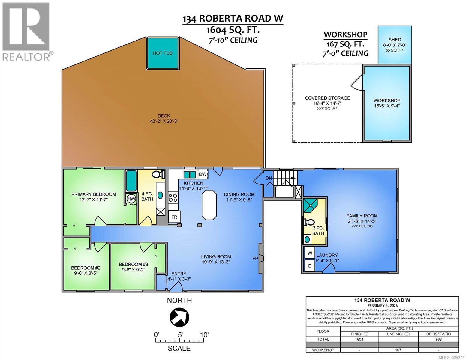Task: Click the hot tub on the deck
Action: (x=162, y=53)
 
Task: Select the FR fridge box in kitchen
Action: (x=174, y=217)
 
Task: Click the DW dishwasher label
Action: (x=203, y=174)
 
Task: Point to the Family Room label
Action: (x=362, y=216)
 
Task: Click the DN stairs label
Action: (x=269, y=178)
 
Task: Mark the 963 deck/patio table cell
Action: (x=438, y=339)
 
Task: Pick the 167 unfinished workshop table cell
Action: (x=398, y=350)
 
